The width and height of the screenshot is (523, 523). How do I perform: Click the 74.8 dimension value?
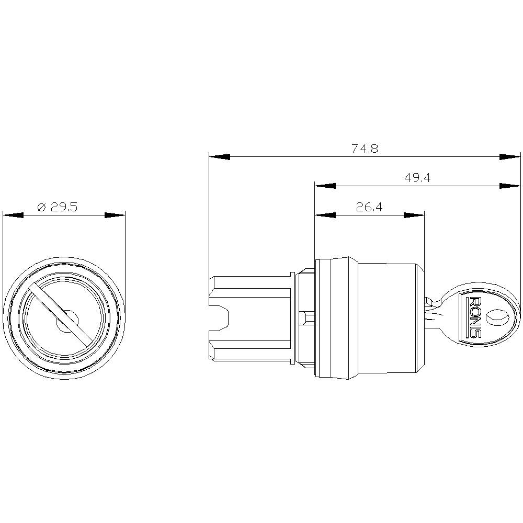pos(365,149)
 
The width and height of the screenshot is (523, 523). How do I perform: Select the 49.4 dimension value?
pos(417,178)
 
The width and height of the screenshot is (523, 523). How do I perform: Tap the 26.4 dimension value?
pos(369,207)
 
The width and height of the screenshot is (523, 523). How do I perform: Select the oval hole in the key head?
pos(496,317)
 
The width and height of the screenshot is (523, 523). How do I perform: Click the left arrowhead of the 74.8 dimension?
pos(219,156)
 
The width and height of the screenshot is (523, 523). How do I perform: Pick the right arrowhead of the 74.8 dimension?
pos(510,156)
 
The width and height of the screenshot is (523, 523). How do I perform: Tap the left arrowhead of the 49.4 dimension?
pos(325,186)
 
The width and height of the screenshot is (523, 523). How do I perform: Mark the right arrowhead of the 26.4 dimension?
pos(413,215)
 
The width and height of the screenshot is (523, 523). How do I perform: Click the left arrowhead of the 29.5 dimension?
pos(13,215)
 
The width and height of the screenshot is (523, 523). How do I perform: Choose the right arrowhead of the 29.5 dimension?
pos(115,215)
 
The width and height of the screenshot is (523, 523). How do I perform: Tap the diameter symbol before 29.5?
pos(42,207)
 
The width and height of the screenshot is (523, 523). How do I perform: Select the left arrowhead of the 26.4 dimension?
pos(325,215)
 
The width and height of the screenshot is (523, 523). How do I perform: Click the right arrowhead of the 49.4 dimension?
pos(510,186)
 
